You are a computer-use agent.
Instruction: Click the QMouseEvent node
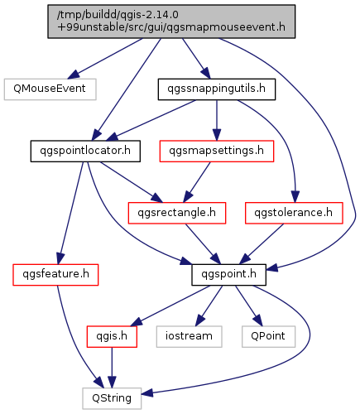50,89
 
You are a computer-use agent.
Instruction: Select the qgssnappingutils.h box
217,89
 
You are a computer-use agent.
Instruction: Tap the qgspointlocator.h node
85,151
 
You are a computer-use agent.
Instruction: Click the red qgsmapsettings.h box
217,151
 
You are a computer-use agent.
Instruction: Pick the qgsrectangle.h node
177,213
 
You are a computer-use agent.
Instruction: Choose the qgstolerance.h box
294,213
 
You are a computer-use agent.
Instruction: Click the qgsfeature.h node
55,275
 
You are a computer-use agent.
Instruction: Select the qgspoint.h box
228,275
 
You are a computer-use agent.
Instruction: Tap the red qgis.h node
112,337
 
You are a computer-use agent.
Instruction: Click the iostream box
189,337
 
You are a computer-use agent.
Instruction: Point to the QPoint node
268,337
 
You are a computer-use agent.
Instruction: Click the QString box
112,398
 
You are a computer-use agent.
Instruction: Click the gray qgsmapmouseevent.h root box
171,22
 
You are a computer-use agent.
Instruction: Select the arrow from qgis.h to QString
112,368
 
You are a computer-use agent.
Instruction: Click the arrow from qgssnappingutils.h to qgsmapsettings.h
217,120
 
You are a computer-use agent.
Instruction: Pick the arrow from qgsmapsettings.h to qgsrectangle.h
197,182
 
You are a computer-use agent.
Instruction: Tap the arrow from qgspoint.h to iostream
209,306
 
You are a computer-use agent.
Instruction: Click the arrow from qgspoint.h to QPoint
248,306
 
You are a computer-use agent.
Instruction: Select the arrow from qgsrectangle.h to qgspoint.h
203,244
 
